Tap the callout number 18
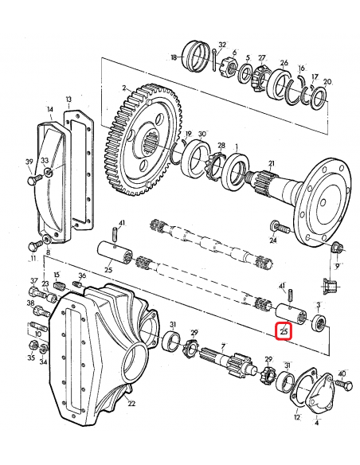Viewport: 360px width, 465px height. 174,57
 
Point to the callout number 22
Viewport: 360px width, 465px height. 131,404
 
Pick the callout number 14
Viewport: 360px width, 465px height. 50,109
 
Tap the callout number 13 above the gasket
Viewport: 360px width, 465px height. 69,100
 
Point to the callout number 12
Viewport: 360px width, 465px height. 296,417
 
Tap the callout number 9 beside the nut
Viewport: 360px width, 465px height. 336,267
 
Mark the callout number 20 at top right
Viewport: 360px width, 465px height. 327,82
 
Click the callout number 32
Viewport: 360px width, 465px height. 222,45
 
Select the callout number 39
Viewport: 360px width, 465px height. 29,162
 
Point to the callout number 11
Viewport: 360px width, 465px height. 33,259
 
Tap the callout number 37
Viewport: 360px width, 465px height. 33,281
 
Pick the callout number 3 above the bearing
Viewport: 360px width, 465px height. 319,305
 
